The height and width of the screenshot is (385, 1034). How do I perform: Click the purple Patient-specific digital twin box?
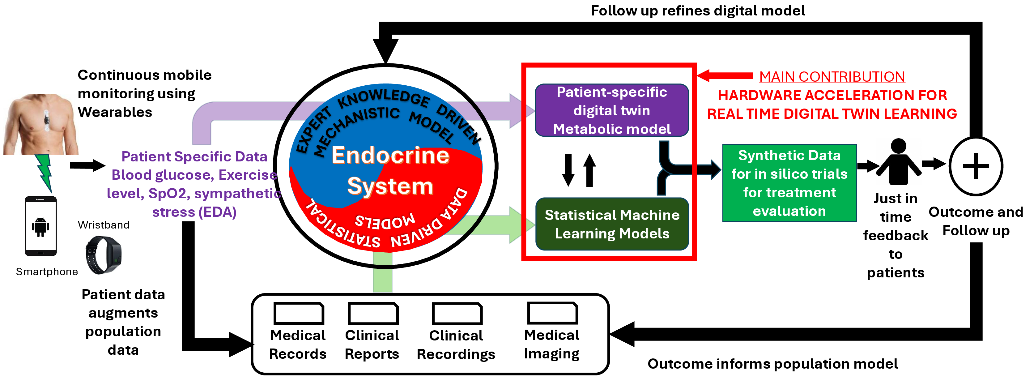tap(612, 110)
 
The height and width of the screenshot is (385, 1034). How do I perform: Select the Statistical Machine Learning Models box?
tap(612, 224)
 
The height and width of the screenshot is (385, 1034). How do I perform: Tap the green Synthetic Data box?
tap(789, 183)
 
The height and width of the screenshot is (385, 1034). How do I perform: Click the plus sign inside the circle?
tap(975, 166)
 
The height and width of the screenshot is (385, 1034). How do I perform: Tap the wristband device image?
tap(104, 255)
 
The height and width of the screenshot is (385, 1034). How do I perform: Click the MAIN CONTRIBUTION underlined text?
tap(832, 77)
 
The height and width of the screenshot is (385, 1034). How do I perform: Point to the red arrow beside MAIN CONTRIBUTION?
tap(725, 75)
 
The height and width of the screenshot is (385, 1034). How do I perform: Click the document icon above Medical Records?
tap(299, 314)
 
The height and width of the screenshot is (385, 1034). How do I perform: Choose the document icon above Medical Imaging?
tap(552, 313)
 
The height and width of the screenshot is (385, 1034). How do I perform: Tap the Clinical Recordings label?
tap(456, 345)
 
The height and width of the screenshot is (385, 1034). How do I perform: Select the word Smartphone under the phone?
tap(47, 272)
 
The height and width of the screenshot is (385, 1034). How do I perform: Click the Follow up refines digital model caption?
tap(698, 11)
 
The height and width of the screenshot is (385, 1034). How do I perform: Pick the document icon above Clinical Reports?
tap(373, 314)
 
